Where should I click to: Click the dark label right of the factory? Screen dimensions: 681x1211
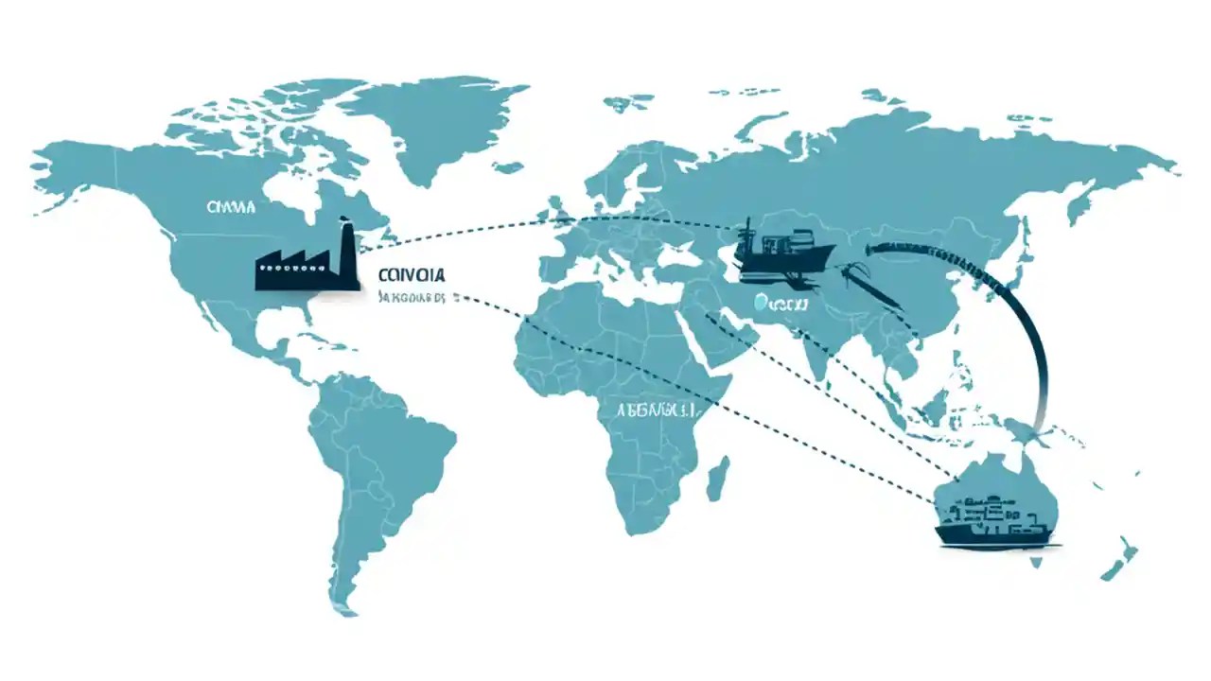coord(411,274)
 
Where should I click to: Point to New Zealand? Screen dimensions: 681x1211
coord(1121,558)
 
